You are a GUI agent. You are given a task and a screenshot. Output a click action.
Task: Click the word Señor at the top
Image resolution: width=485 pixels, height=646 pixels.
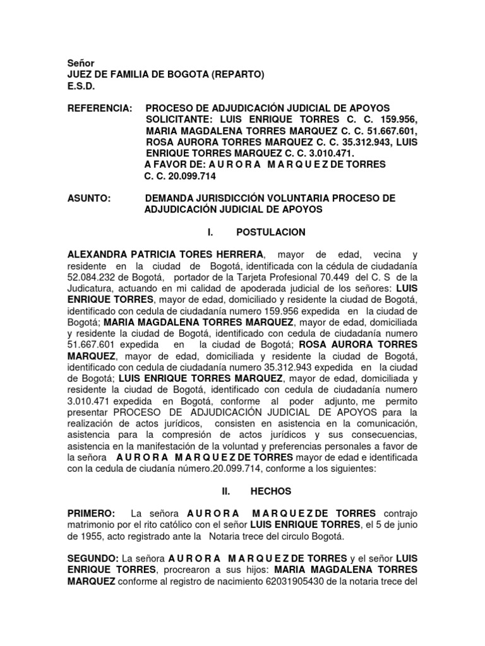[81, 63]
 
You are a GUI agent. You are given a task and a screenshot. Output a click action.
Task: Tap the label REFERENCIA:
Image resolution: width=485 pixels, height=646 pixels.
[100, 109]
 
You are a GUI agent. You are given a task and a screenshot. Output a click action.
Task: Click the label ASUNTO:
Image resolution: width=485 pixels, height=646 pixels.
[89, 198]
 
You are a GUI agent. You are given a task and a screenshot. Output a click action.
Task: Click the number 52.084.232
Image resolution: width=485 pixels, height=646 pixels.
[94, 278]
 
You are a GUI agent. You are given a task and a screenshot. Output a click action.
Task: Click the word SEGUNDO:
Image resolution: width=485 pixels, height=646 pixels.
[93, 559]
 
